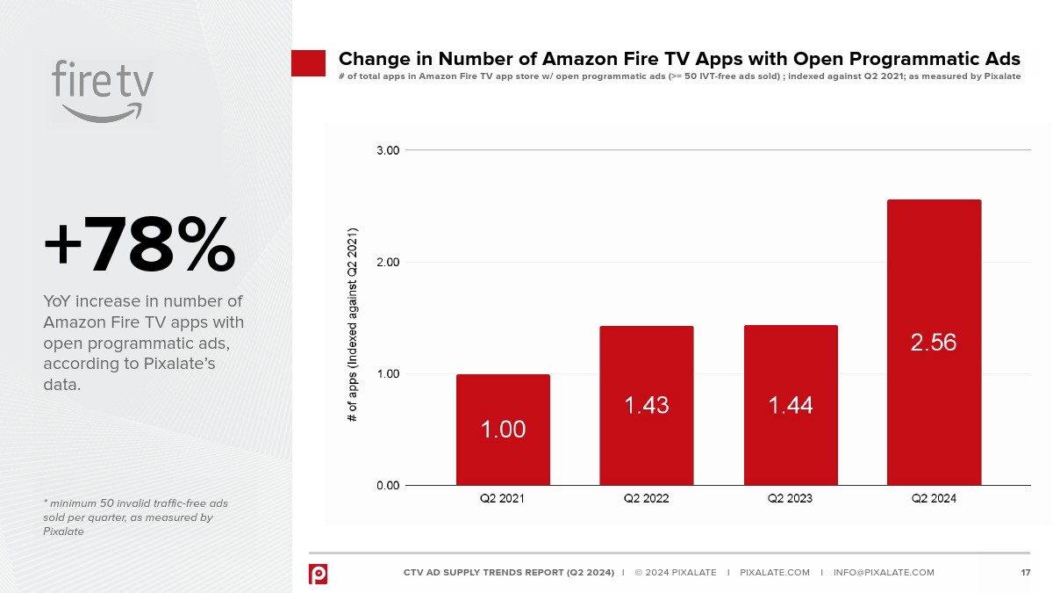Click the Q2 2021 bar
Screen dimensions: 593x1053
coord(503,430)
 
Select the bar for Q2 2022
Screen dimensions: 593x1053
coord(647,405)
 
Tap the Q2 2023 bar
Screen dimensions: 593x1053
coord(791,405)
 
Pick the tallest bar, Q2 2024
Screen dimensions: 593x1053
coord(934,343)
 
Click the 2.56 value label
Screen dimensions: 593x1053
coord(934,343)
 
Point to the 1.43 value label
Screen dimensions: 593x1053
coord(647,405)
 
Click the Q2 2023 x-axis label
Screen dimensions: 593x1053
coord(790,499)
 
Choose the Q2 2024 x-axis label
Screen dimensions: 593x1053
coord(934,499)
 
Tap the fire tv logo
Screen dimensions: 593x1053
coord(103,90)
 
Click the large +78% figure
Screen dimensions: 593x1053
coord(140,246)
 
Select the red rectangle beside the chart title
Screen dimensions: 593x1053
coord(309,63)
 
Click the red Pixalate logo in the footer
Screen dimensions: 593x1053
coord(318,573)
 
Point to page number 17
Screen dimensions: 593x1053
coord(1025,573)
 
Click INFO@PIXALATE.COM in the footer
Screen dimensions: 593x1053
coord(884,573)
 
